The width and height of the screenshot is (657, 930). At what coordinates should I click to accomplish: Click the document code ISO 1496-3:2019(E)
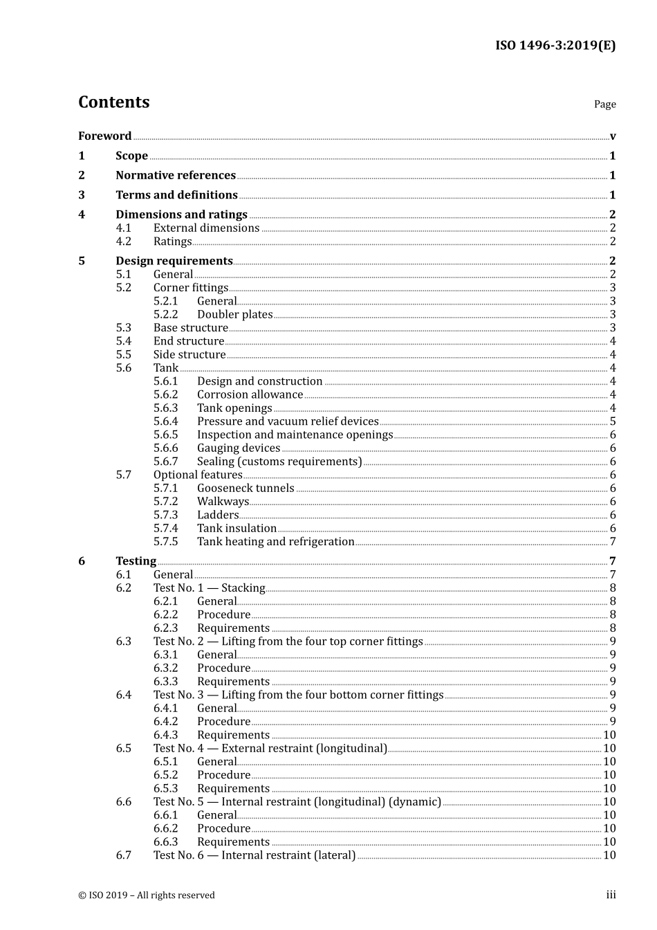(x=555, y=46)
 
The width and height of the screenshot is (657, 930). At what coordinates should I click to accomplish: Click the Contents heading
(x=113, y=102)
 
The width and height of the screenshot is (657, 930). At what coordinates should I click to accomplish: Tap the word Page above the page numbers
(x=604, y=104)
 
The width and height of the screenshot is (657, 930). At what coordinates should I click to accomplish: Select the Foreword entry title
(x=104, y=136)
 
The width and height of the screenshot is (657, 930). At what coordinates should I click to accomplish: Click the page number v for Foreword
(x=613, y=136)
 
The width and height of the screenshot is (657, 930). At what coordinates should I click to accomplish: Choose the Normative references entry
(x=176, y=176)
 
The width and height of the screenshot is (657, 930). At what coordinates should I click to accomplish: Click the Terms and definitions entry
(x=176, y=195)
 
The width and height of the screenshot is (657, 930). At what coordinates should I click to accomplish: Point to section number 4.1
(x=123, y=228)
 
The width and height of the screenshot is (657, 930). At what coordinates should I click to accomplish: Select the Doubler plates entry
(x=234, y=315)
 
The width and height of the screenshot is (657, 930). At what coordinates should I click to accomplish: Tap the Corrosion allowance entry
(x=250, y=395)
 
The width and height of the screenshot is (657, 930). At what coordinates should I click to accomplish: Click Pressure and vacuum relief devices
(x=288, y=421)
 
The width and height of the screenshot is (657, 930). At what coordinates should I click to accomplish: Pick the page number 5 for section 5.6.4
(x=613, y=421)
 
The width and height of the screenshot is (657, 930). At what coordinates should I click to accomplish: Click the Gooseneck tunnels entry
(x=246, y=489)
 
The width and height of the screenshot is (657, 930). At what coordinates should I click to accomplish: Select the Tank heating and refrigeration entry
(x=275, y=542)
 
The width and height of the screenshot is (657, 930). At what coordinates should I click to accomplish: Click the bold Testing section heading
(x=136, y=561)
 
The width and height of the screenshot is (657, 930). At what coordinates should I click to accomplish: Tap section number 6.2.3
(x=165, y=628)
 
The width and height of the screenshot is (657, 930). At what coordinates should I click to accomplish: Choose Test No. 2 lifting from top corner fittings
(x=288, y=641)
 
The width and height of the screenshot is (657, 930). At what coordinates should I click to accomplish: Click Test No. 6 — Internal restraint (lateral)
(x=255, y=855)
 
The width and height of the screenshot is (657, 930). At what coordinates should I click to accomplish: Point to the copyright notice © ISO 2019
(x=147, y=895)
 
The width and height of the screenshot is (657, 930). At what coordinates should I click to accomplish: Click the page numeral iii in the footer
(x=611, y=895)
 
